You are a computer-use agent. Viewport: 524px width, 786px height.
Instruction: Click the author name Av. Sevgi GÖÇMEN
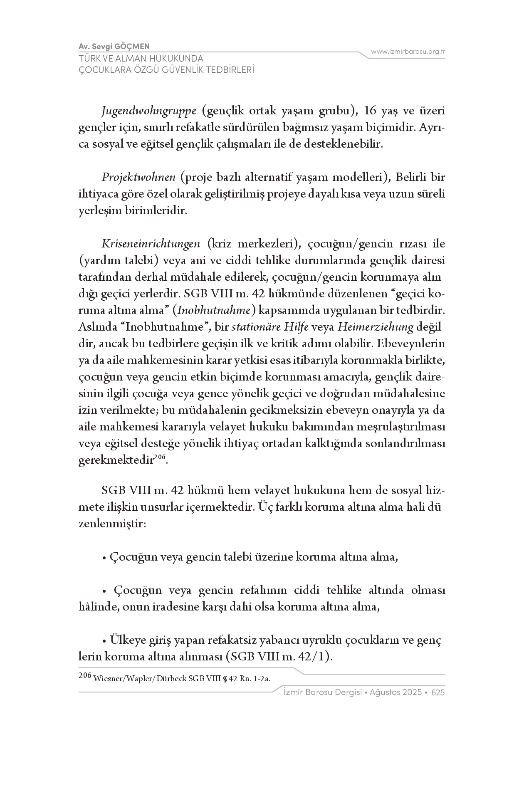[114, 46]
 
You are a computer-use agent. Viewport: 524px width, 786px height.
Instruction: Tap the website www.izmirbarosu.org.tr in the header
[408, 52]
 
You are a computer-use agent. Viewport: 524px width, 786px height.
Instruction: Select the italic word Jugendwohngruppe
[149, 111]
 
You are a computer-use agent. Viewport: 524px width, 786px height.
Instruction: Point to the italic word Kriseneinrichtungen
[151, 244]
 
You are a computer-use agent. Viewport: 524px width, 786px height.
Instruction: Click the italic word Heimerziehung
[376, 327]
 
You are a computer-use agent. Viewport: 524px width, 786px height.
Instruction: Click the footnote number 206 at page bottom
[85, 676]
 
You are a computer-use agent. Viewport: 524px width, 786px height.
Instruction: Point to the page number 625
[438, 693]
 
